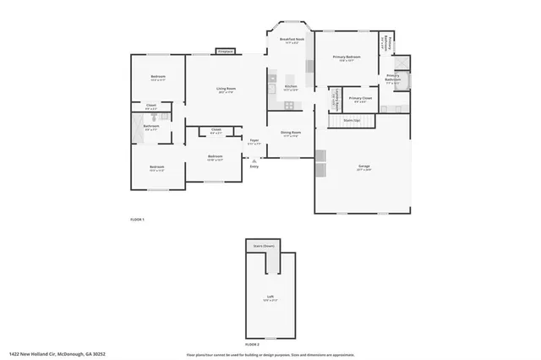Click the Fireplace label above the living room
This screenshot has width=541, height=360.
click(x=225, y=52)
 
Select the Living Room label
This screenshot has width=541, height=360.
click(x=226, y=89)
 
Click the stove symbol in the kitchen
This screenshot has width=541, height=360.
click(x=289, y=105)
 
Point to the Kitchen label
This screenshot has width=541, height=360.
click(x=291, y=87)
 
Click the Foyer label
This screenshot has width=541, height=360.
click(x=254, y=140)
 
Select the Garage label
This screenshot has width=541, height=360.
click(x=363, y=166)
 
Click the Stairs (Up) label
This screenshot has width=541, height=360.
click(x=352, y=121)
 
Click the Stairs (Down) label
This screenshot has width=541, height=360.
click(x=265, y=246)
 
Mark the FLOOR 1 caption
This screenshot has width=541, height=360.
click(x=137, y=220)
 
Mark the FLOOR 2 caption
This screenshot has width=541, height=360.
click(x=253, y=346)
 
